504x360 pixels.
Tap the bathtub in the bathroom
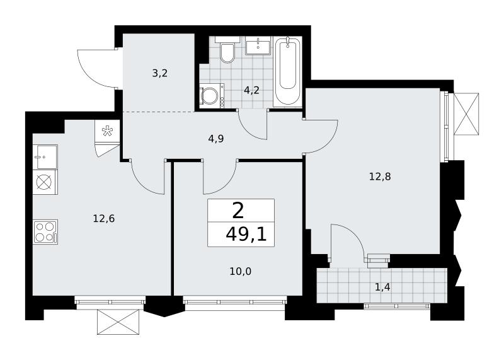coord(288,71)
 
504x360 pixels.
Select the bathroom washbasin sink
coord(258,45)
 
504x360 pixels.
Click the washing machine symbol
coord(212,95)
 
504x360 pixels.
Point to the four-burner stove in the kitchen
coord(45,232)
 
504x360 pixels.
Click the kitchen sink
coord(45,157)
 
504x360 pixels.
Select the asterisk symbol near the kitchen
coord(106,131)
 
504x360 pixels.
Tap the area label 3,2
coord(160,74)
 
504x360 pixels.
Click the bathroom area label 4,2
coord(251,90)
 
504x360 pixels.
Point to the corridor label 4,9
coord(216,139)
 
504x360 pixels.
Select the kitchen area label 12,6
coord(104,219)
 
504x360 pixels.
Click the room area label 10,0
coord(241,272)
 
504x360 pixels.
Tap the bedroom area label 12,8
coord(380,177)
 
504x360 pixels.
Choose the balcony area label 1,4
coord(382,287)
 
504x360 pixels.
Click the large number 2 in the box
coord(238,212)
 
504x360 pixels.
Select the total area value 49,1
coord(246,235)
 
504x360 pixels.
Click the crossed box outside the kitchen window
coord(118,322)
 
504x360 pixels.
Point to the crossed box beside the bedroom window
coord(466,114)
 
